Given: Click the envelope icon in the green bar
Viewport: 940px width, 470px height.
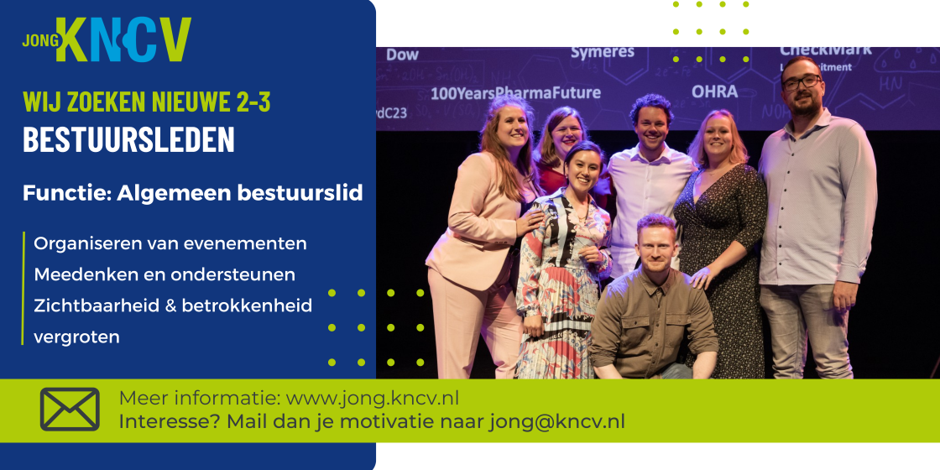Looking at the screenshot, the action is point(70,410).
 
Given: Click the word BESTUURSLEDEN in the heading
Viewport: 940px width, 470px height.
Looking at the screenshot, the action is point(129,139).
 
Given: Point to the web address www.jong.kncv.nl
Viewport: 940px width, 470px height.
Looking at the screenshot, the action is point(373,398).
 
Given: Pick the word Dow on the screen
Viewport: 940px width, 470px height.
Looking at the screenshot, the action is point(402,55).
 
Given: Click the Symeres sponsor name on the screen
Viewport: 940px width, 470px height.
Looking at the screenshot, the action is point(602,53).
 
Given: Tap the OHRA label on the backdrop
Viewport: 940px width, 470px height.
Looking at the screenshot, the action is point(714,92).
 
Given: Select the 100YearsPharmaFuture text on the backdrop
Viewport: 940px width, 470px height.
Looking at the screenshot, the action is point(515,93).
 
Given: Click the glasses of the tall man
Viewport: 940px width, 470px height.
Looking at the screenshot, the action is point(801,82).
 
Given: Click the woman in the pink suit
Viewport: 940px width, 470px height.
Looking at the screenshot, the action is point(479,240).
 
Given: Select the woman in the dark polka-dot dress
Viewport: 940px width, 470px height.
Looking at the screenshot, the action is point(719,240).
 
